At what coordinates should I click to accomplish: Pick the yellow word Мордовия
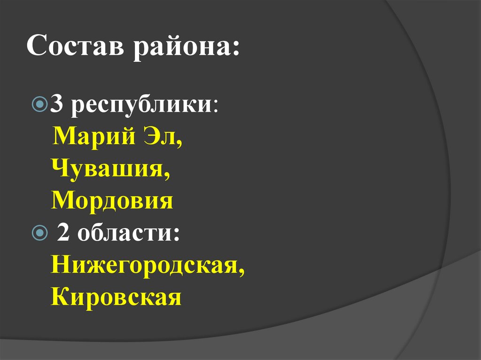112,201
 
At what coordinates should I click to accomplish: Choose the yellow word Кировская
116,297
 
